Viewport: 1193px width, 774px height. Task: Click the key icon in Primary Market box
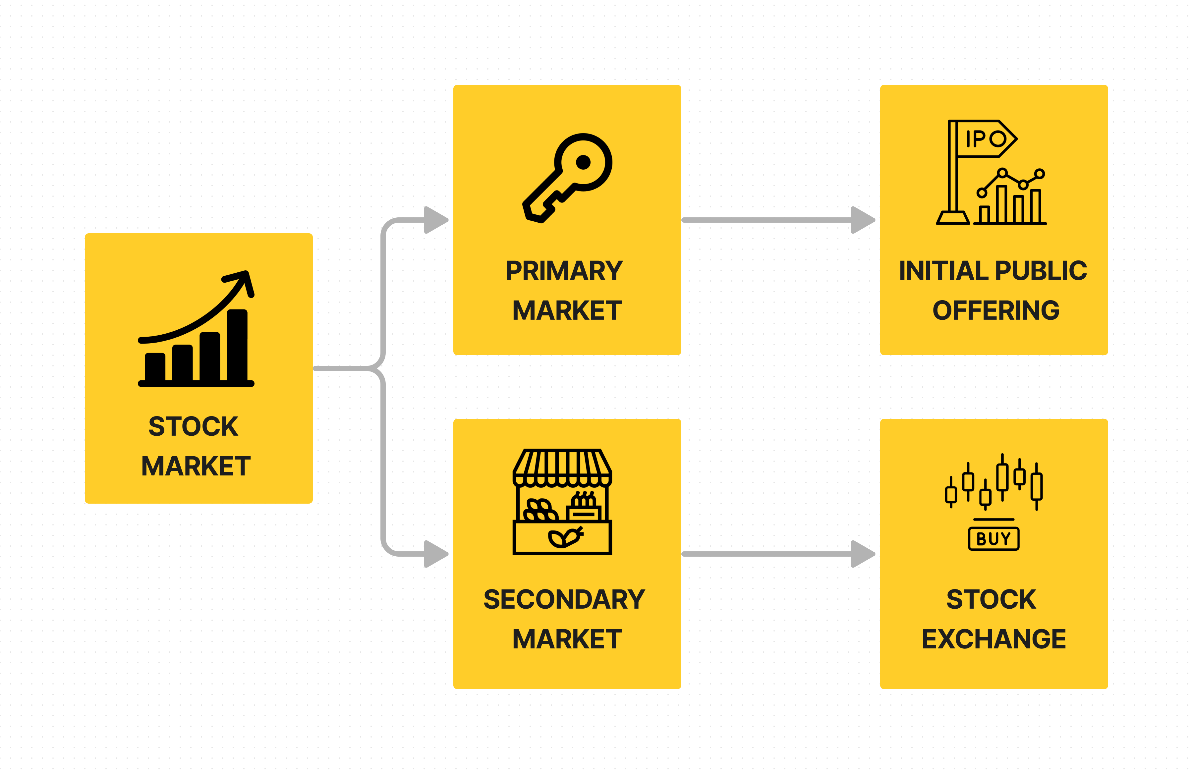(566, 178)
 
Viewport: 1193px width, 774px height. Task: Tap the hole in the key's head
(583, 162)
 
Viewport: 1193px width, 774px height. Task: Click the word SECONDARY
(564, 599)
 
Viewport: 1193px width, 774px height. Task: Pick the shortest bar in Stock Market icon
(155, 366)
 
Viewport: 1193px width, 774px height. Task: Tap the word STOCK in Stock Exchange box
(991, 599)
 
